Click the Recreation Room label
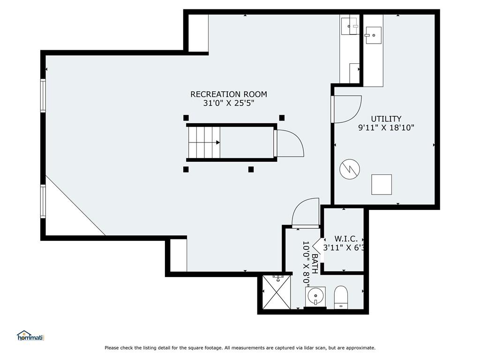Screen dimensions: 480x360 (x=229, y=94)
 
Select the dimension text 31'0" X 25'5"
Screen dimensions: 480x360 (x=229, y=103)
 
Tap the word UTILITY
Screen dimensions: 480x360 (x=386, y=119)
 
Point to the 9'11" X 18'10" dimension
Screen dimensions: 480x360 (x=386, y=127)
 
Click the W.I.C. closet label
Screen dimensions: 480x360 (x=346, y=239)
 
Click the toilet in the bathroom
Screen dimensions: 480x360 (x=341, y=297)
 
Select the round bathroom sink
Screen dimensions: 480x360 (x=315, y=296)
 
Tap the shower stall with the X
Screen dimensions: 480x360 (x=277, y=292)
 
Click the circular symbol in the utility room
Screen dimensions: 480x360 (x=350, y=169)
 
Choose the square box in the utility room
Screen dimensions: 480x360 (x=382, y=185)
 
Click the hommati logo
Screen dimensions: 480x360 (x=30, y=336)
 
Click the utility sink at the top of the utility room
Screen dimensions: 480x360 (x=373, y=35)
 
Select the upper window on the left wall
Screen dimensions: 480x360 (x=43, y=96)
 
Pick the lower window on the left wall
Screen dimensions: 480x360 (x=43, y=202)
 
